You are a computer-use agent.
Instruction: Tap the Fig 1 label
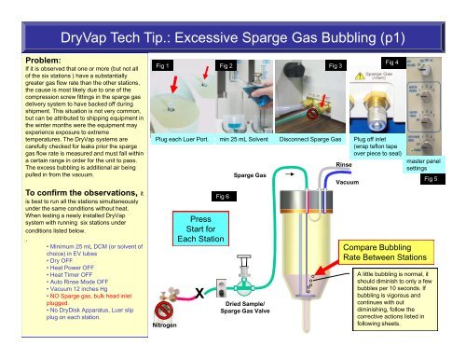tap(162, 67)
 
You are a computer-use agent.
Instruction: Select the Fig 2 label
tap(226, 67)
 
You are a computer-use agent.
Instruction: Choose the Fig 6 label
tap(223, 198)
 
